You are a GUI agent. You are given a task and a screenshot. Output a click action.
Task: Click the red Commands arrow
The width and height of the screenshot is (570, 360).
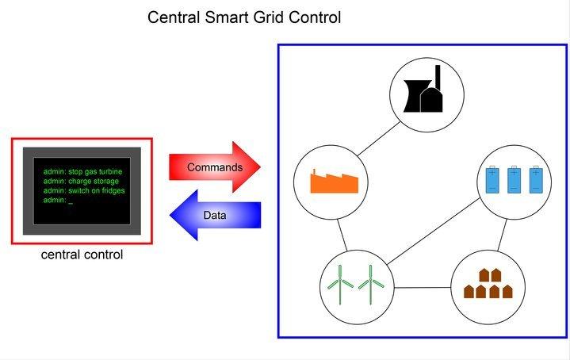click(x=214, y=167)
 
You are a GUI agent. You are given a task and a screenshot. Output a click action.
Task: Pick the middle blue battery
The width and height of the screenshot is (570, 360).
click(x=515, y=180)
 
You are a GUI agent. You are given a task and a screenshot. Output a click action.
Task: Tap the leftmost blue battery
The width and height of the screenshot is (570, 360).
click(x=493, y=180)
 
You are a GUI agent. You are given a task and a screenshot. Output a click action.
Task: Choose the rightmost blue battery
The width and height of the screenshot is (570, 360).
click(x=537, y=180)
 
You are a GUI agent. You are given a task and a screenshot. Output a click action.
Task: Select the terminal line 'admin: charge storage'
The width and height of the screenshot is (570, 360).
click(x=81, y=181)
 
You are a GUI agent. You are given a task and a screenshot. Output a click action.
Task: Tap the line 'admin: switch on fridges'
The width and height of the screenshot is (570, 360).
click(x=85, y=190)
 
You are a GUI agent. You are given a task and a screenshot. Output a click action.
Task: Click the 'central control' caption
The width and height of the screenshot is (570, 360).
click(x=82, y=255)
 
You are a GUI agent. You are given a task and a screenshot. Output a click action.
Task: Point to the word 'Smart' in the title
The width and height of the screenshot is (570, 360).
click(x=228, y=17)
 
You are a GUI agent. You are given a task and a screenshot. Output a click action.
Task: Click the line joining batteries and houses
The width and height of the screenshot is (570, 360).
click(x=502, y=235)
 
